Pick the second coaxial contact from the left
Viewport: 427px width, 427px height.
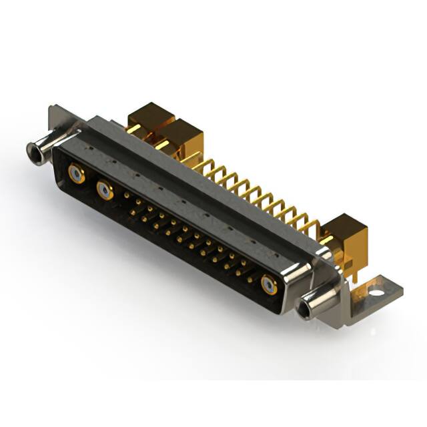pyautogui.click(x=105, y=191)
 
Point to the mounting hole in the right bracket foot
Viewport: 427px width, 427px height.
pyautogui.click(x=376, y=292)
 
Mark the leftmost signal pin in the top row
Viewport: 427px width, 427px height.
pyautogui.click(x=126, y=195)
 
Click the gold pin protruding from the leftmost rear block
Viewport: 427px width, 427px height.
pyautogui.click(x=133, y=128)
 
